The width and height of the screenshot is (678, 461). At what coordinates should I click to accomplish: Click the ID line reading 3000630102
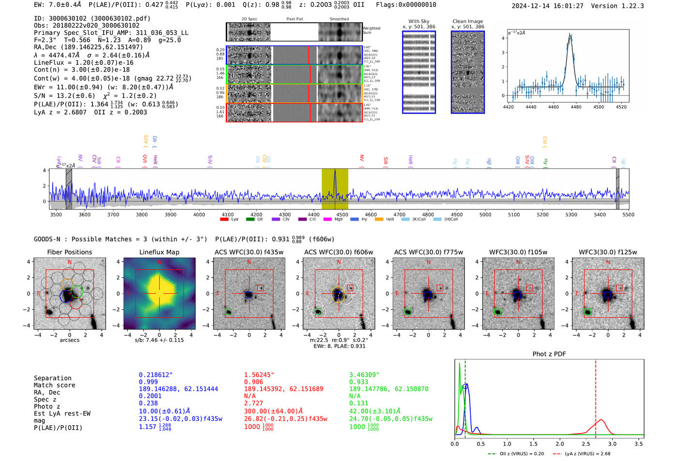[x=92, y=18]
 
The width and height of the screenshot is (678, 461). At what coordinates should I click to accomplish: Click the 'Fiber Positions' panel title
[x=69, y=252]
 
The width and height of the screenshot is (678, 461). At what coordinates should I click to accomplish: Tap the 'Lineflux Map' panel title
[x=159, y=252]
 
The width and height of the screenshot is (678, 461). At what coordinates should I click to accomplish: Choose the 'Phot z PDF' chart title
[x=549, y=354]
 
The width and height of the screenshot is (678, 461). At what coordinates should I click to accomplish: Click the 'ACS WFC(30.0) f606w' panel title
[x=339, y=252]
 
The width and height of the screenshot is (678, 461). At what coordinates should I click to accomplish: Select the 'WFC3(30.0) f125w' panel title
[x=608, y=252]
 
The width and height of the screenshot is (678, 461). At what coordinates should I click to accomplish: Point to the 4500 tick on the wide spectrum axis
[x=342, y=215]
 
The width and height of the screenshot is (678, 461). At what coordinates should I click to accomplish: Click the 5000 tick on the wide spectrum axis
[x=485, y=215]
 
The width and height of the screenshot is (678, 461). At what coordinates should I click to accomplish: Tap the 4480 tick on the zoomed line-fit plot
[x=576, y=107]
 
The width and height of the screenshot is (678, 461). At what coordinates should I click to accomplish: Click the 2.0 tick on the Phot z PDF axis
[x=560, y=444]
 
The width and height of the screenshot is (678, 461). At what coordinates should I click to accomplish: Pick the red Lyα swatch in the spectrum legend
[x=224, y=220]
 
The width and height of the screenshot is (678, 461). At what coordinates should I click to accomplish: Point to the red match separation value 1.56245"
[x=260, y=375]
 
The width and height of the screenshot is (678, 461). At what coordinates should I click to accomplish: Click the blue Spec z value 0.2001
[x=150, y=396]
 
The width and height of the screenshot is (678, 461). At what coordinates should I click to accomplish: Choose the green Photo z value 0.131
[x=359, y=403]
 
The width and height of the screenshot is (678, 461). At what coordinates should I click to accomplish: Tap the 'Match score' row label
[x=54, y=385]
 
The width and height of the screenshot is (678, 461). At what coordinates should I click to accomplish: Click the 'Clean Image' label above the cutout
[x=467, y=21]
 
